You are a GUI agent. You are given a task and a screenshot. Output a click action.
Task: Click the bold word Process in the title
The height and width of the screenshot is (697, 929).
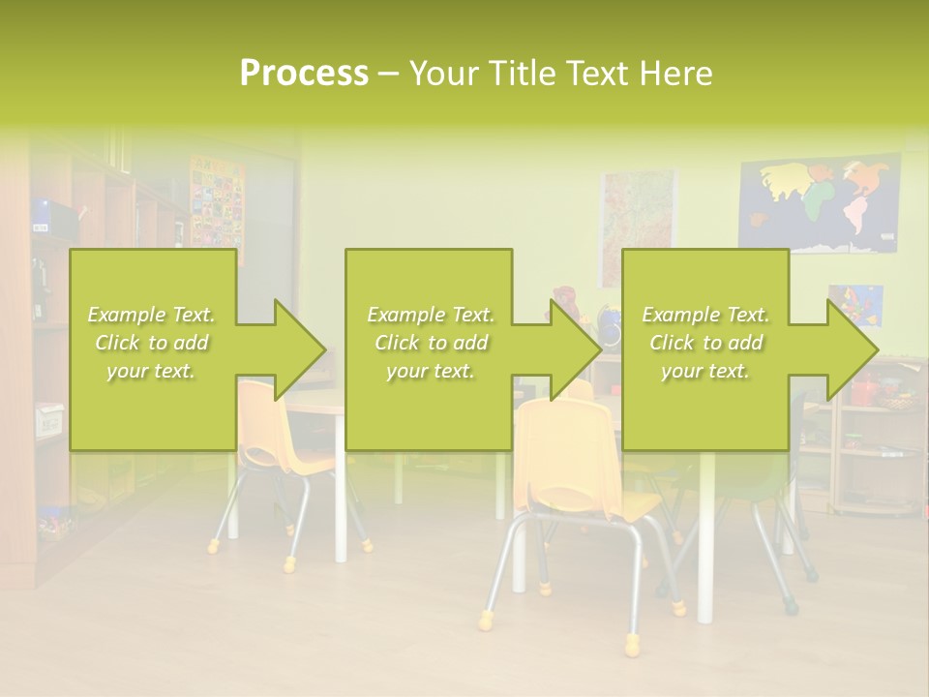click(304, 74)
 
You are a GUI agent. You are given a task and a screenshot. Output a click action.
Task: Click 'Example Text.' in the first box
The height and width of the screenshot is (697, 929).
click(152, 315)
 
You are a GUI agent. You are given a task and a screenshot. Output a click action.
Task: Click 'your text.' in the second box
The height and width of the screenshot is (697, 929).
click(430, 371)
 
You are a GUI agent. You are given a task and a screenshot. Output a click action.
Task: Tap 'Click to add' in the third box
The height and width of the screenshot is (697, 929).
click(705, 343)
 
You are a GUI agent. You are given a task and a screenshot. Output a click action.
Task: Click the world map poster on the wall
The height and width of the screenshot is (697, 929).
click(819, 204)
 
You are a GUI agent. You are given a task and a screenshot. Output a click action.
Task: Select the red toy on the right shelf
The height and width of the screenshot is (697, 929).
click(864, 389)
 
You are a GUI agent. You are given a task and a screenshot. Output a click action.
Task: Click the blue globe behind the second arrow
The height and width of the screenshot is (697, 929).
click(609, 327)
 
